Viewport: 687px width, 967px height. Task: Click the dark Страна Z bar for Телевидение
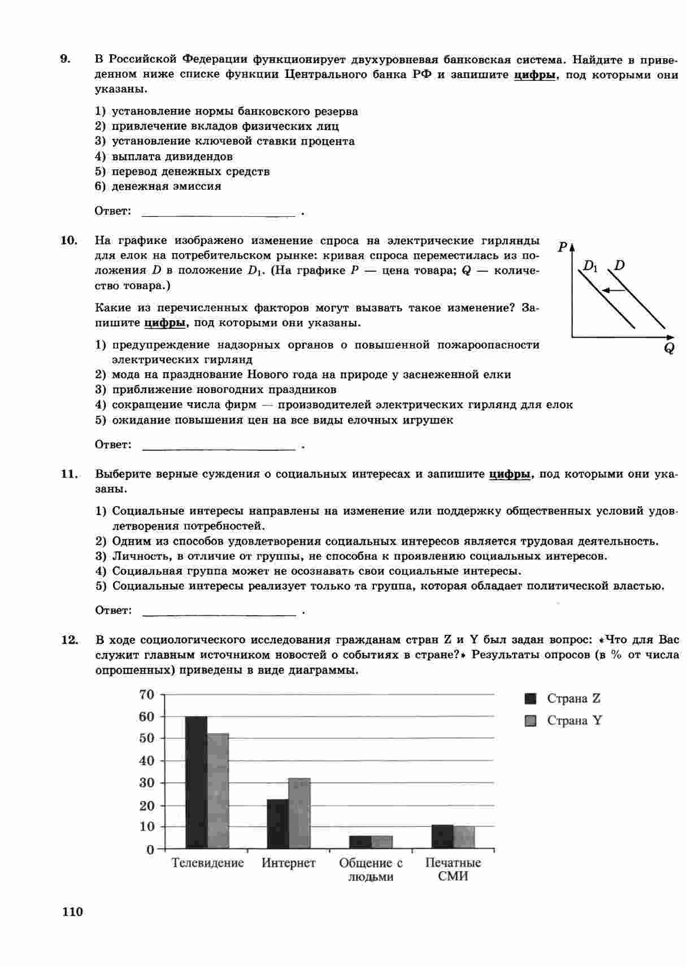coord(197,782)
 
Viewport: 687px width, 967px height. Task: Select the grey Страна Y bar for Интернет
coord(299,813)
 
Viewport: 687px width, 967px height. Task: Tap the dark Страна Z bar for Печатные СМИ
coord(442,837)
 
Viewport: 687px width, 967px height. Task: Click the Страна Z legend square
coord(531,699)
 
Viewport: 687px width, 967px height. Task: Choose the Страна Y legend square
coord(531,721)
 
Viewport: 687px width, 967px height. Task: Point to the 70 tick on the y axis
coord(146,694)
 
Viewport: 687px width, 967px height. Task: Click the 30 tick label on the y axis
coord(146,783)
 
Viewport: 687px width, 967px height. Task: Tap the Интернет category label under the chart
coord(289,863)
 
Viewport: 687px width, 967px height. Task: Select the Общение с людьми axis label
coord(371,870)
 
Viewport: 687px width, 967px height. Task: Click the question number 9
coord(66,59)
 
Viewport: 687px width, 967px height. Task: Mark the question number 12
coord(69,639)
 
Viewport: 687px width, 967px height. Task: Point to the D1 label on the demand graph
coord(590,266)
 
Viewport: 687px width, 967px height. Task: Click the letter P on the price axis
coord(562,247)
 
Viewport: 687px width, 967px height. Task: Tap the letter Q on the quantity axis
coord(669,349)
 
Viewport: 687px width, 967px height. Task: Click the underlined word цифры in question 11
coord(510,474)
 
